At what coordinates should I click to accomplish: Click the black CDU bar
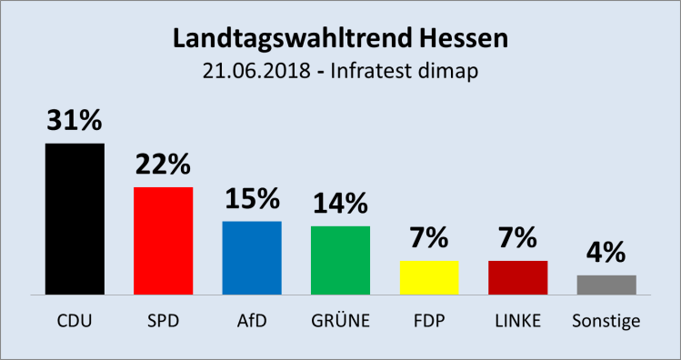tap(75, 219)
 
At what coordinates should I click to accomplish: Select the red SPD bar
tap(163, 241)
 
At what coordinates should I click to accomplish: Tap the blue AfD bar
tap(252, 258)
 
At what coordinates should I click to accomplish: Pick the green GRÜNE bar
tap(340, 260)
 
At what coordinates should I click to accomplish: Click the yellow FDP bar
tap(429, 277)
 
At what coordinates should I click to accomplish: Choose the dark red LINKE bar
tap(517, 277)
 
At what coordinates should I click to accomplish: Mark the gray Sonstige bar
tap(606, 285)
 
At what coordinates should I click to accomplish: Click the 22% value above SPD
tap(163, 165)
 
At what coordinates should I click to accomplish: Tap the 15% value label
tap(252, 199)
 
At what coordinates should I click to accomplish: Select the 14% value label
tap(340, 204)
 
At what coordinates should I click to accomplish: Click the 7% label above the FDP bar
tap(429, 239)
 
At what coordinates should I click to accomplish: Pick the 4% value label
tap(606, 253)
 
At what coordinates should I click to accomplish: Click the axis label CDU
tap(75, 321)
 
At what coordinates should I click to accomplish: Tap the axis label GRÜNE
tap(340, 321)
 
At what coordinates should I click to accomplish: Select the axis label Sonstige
tap(606, 321)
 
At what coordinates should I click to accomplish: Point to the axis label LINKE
tap(517, 321)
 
